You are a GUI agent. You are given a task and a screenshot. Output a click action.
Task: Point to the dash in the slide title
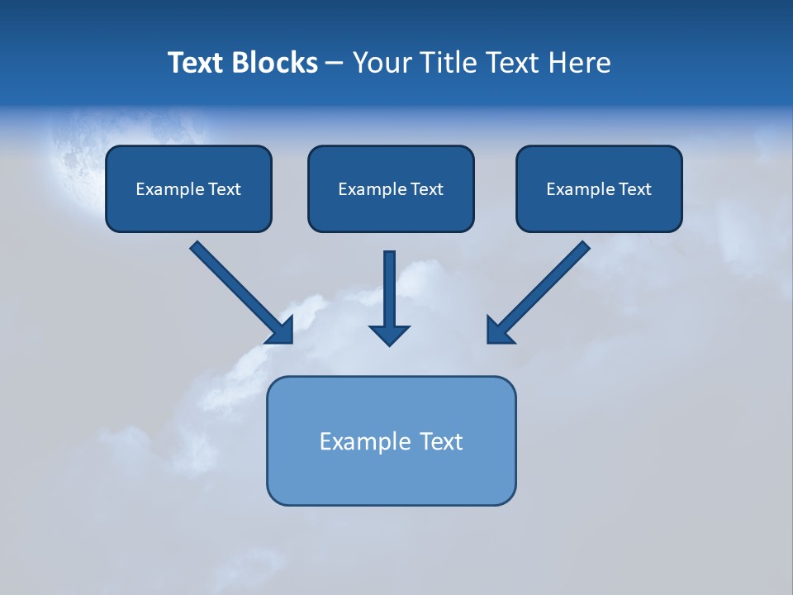[335, 64]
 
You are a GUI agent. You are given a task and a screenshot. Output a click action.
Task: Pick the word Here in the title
[580, 63]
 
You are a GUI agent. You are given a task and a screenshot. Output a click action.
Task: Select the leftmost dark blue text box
[188, 188]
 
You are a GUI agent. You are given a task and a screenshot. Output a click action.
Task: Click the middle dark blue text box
[391, 188]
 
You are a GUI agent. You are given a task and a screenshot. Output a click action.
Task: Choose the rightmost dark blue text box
[599, 188]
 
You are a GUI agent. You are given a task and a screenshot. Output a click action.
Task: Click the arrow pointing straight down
[390, 297]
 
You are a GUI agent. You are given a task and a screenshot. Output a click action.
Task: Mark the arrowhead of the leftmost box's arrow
[281, 331]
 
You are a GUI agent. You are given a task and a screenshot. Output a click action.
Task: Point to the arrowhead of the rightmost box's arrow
[498, 331]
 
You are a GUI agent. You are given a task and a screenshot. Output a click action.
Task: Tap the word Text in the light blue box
[441, 441]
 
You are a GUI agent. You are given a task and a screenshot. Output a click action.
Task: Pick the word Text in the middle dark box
[426, 189]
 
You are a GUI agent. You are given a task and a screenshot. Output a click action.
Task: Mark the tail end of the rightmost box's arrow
[584, 246]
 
